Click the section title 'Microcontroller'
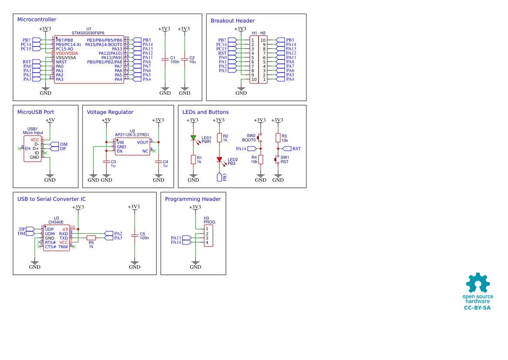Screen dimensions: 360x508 coord(37,20)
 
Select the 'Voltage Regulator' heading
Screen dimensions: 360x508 coord(110,112)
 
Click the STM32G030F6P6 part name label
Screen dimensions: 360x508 coord(89,33)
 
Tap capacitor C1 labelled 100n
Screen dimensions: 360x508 coord(165,60)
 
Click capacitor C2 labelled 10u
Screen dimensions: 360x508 coord(185,60)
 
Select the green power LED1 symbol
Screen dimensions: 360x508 coord(193,138)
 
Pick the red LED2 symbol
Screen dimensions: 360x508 coord(219,160)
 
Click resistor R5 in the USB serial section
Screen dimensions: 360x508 coord(91,238)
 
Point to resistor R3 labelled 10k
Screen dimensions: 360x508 coord(278,138)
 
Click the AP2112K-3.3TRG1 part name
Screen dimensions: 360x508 coord(132,135)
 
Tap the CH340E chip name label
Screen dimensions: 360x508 coord(56,222)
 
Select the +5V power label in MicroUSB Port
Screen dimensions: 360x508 coord(50,120)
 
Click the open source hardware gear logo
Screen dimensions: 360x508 coord(478,283)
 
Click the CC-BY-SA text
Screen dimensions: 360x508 coord(477,308)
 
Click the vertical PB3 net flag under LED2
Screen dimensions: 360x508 coord(219,177)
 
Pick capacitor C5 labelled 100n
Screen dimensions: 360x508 coord(135,236)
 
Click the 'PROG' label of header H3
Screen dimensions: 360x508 coord(209,222)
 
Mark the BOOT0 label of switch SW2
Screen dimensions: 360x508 coord(249,140)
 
